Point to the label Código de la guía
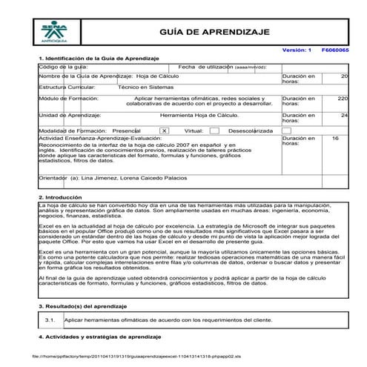(59, 67)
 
